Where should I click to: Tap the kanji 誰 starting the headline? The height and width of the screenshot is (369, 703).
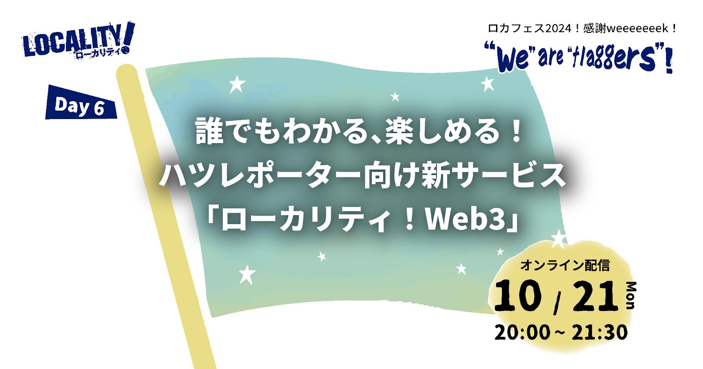pyautogui.click(x=209, y=132)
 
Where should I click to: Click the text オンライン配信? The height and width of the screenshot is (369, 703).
pyautogui.click(x=565, y=265)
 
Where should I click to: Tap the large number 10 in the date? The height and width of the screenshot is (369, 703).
pyautogui.click(x=518, y=296)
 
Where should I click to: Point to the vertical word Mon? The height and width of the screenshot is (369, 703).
pyautogui.click(x=631, y=295)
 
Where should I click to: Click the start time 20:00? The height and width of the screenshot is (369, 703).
pyautogui.click(x=522, y=333)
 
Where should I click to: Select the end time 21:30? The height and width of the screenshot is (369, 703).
pyautogui.click(x=599, y=333)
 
